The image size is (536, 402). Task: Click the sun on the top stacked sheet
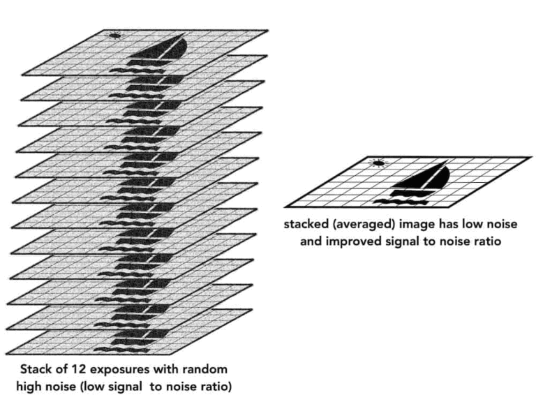[x=115, y=35]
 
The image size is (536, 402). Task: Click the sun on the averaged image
[x=378, y=163]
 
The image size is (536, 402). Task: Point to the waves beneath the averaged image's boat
[x=401, y=202]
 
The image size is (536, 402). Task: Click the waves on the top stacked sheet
[x=137, y=70]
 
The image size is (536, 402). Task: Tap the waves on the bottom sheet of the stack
[x=121, y=350]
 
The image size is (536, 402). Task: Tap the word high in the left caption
[x=31, y=387]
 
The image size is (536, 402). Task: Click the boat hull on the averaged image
[x=410, y=193]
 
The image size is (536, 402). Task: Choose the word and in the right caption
[x=311, y=241]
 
